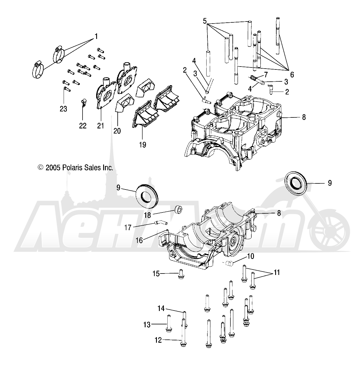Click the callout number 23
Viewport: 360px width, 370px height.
click(63, 109)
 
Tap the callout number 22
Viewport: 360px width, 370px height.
click(83, 126)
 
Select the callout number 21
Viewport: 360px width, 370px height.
click(101, 126)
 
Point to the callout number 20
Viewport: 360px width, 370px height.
click(117, 131)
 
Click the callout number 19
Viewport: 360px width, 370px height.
click(142, 144)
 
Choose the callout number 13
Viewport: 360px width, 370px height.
click(147, 324)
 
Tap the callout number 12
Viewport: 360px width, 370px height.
click(158, 340)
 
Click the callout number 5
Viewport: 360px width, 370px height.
click(205, 21)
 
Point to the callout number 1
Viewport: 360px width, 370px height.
click(96, 37)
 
